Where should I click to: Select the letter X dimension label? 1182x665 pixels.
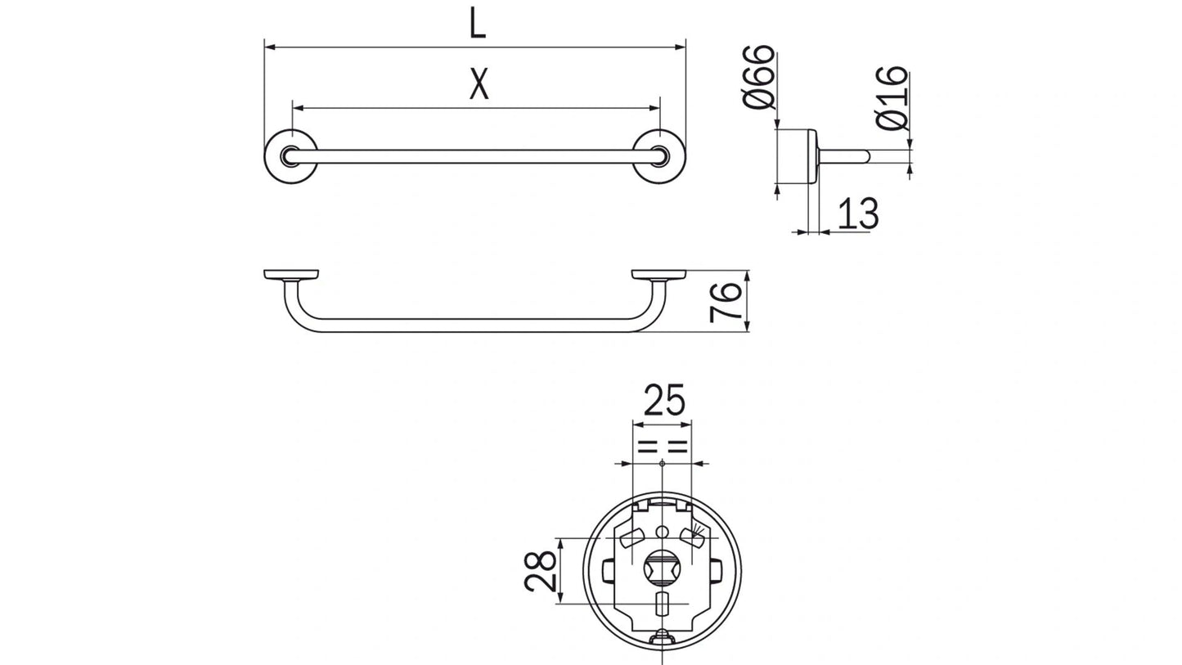click(x=479, y=84)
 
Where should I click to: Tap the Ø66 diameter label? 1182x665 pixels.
click(x=759, y=77)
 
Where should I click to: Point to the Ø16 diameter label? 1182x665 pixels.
click(x=892, y=98)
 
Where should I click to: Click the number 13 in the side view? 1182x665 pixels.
click(x=857, y=214)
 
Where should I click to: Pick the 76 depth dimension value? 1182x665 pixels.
click(x=726, y=301)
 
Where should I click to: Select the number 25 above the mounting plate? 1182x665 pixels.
click(x=663, y=401)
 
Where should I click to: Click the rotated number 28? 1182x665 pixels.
click(x=542, y=571)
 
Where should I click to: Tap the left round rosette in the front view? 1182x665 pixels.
click(x=290, y=156)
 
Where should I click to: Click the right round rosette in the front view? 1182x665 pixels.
click(x=659, y=156)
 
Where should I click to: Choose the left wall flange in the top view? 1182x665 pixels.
click(x=291, y=275)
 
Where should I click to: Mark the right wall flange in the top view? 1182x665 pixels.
click(x=658, y=275)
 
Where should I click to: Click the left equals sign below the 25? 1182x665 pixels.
click(x=647, y=447)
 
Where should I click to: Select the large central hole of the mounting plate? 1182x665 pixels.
click(x=662, y=566)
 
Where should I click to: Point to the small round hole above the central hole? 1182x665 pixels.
click(x=662, y=533)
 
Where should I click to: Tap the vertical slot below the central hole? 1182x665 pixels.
click(x=662, y=607)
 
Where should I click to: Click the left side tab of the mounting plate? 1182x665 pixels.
click(x=608, y=570)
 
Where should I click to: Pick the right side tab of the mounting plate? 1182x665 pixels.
click(x=716, y=570)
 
